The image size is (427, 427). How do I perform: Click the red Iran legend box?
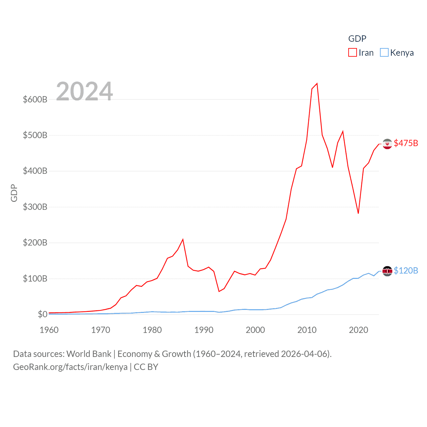click(x=353, y=53)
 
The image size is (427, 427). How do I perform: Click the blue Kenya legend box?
click(x=384, y=53)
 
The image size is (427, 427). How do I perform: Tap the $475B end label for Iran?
click(x=406, y=143)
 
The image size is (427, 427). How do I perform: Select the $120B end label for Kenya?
click(x=406, y=271)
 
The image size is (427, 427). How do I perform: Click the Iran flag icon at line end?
click(x=387, y=144)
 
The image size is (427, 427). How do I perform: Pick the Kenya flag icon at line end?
click(x=387, y=271)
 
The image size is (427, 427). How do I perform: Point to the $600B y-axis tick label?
click(x=35, y=99)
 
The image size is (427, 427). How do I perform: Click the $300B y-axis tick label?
click(x=35, y=207)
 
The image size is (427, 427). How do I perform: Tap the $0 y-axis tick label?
click(x=42, y=314)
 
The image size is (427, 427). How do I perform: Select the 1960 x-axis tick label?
click(x=49, y=330)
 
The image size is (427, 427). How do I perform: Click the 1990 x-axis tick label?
click(x=204, y=330)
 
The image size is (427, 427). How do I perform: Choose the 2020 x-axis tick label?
click(x=359, y=330)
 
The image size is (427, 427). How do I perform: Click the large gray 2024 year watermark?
click(x=84, y=91)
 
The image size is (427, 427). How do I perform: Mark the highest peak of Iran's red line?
click(x=317, y=83)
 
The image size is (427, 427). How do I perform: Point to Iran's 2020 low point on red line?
click(x=358, y=213)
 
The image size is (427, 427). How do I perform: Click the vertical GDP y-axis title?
click(x=14, y=193)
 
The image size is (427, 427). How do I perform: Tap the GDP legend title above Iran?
click(x=357, y=39)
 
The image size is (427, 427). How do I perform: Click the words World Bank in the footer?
click(x=89, y=354)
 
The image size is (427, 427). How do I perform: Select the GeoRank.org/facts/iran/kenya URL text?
click(x=70, y=367)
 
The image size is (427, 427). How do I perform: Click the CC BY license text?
click(x=146, y=367)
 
